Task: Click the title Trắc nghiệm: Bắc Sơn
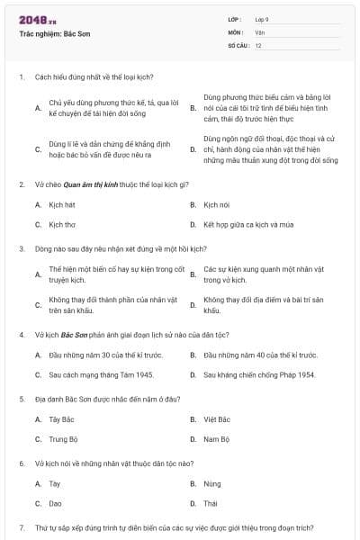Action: [54, 33]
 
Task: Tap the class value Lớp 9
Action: [262, 19]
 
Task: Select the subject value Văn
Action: [259, 31]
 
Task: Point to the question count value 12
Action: [258, 45]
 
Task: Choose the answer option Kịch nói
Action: [217, 204]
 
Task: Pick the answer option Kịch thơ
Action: [62, 224]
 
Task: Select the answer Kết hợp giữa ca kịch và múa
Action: [247, 224]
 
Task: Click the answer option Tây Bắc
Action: [60, 419]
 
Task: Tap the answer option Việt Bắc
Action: [217, 419]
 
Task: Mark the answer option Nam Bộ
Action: [216, 439]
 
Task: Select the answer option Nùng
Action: [212, 483]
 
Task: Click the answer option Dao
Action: [55, 503]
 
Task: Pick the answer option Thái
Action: [211, 503]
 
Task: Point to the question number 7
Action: [21, 526]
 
